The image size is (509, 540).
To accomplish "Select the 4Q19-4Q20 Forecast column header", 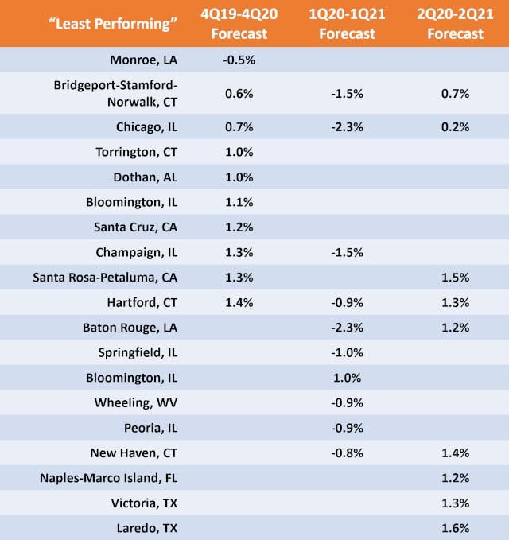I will (239, 23).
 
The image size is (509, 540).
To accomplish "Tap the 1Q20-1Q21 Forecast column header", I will (347, 23).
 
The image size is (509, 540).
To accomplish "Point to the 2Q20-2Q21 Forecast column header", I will (454, 23).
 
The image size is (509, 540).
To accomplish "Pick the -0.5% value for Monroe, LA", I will (239, 60).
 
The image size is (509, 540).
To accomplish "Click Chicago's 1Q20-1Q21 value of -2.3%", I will (347, 127).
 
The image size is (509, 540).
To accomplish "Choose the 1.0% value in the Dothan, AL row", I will (239, 177).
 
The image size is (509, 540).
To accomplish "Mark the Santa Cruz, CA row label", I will (140, 227).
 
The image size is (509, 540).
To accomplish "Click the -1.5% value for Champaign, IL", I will (347, 253).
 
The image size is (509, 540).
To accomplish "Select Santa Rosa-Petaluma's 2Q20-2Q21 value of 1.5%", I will (454, 278).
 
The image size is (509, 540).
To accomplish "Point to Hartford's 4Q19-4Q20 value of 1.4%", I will (239, 302).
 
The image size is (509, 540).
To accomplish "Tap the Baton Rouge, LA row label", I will (134, 328).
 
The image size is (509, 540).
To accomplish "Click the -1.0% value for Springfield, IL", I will (347, 352).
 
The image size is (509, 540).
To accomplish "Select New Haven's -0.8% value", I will (347, 453).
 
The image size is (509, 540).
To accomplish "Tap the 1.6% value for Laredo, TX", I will (454, 528).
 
